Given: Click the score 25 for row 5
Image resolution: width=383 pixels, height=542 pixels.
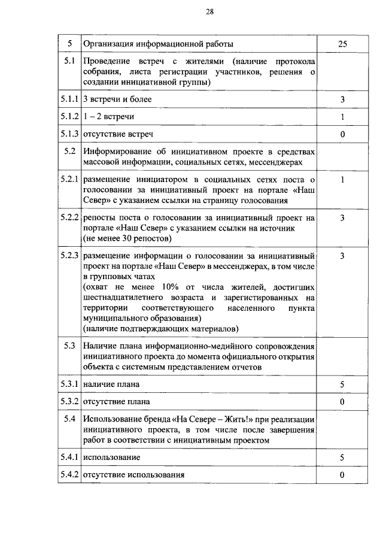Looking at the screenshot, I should [x=342, y=44].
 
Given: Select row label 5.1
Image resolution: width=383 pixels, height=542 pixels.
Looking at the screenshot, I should [x=69, y=61].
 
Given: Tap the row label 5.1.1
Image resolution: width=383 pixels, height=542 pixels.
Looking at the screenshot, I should [x=69, y=98].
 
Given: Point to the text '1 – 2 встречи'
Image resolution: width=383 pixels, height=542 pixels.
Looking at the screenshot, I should [x=108, y=116].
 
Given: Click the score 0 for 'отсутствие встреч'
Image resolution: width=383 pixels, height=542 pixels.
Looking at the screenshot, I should [x=342, y=134].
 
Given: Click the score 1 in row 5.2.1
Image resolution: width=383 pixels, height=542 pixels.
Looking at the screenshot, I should [x=342, y=179].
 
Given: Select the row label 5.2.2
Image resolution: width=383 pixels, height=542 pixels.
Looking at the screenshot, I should [x=69, y=217].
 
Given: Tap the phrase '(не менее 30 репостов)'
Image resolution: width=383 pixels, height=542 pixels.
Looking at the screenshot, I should [x=127, y=238].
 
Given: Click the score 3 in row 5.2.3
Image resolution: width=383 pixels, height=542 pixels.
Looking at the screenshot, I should [x=342, y=256].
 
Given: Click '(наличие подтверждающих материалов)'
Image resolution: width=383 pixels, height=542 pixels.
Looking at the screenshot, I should [x=160, y=329].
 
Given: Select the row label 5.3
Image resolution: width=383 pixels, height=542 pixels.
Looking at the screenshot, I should [x=69, y=346].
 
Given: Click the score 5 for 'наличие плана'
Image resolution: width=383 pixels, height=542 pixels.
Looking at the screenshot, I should [x=342, y=384].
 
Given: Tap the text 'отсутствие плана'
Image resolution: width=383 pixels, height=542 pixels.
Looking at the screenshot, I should [x=117, y=401].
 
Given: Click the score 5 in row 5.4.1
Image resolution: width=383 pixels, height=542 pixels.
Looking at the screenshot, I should [x=342, y=458].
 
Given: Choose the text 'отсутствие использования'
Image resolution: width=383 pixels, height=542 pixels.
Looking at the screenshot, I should [x=133, y=475].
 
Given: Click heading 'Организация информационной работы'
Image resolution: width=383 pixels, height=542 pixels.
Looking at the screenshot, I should [x=158, y=44].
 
